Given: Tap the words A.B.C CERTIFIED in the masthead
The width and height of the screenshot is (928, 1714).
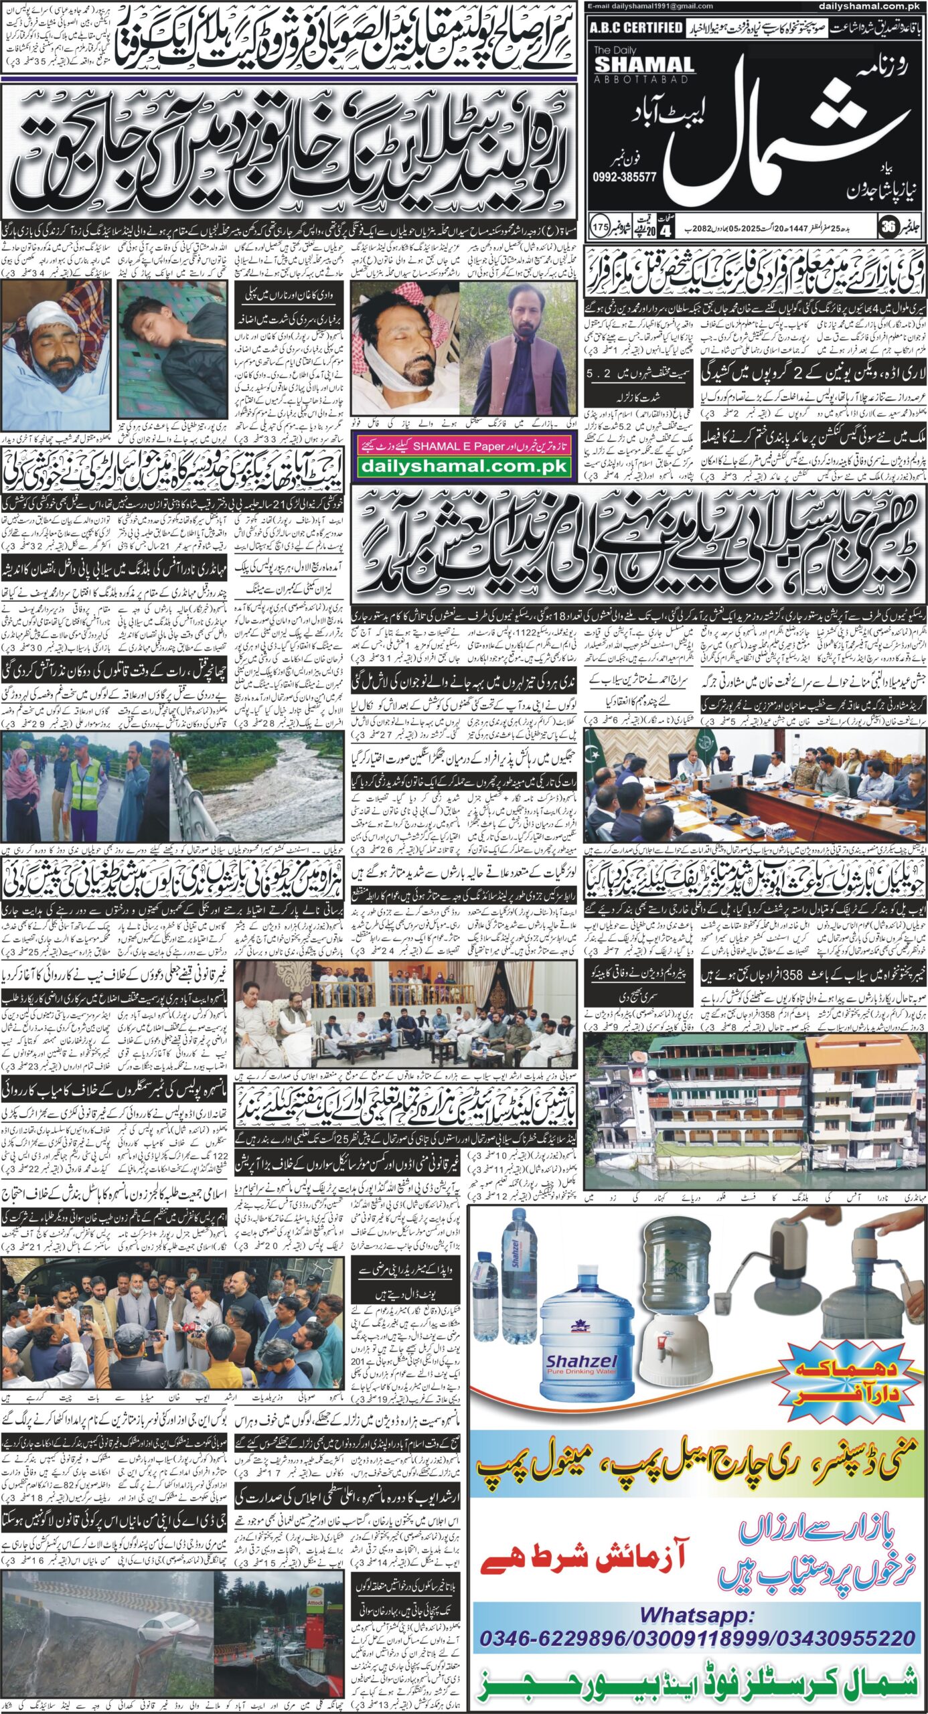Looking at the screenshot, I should pyautogui.click(x=635, y=27).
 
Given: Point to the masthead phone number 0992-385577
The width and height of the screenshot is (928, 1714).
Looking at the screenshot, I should pyautogui.click(x=625, y=177).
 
